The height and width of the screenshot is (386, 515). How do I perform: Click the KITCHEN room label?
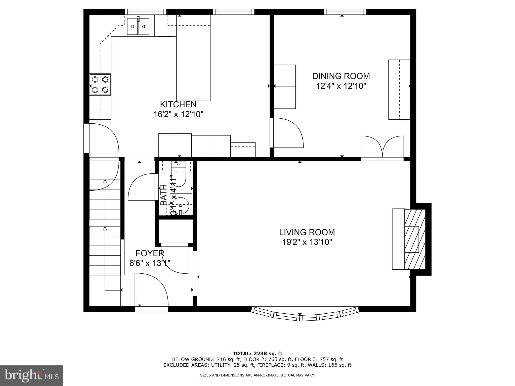[x=178, y=104]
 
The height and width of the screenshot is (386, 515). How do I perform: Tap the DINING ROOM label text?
[x=341, y=76]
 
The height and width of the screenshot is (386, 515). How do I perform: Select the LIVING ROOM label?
[x=307, y=232]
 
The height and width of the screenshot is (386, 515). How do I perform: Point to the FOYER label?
[x=150, y=253]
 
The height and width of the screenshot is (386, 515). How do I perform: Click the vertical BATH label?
[x=164, y=195]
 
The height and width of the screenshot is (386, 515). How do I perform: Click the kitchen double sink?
[x=138, y=26]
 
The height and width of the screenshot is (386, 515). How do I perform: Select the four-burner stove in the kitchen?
[x=100, y=84]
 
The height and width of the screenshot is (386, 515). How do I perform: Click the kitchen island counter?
[x=193, y=58]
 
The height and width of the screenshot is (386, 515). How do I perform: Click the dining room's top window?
[x=345, y=12]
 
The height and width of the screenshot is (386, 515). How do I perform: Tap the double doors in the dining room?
[x=382, y=147]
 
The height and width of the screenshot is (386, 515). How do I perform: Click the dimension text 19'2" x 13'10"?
[x=307, y=242]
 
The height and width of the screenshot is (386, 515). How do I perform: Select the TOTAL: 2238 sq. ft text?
[x=257, y=354]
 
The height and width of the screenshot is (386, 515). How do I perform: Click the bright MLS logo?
[x=31, y=376]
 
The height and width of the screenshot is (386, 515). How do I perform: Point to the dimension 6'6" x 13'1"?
[x=150, y=263]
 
